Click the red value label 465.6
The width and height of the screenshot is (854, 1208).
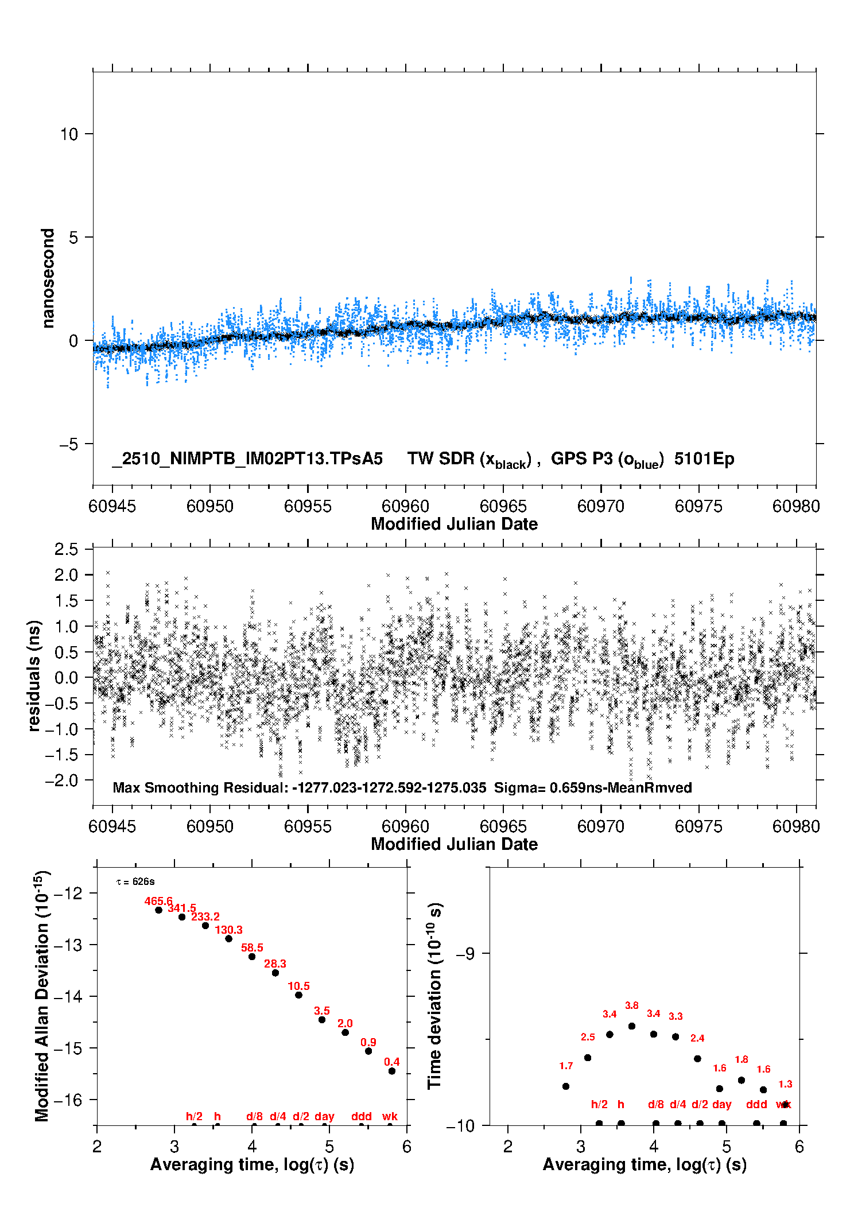pyautogui.click(x=158, y=901)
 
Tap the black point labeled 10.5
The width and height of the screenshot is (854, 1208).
pyautogui.click(x=298, y=995)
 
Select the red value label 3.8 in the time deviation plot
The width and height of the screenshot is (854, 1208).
pyautogui.click(x=631, y=1005)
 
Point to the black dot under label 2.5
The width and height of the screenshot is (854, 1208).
pyautogui.click(x=587, y=1058)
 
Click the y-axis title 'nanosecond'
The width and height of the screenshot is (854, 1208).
pyautogui.click(x=48, y=278)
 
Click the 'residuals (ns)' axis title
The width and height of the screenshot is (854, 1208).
pyautogui.click(x=34, y=676)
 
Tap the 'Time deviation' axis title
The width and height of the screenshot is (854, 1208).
pyautogui.click(x=435, y=996)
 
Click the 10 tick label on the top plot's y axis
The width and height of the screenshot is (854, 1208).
pyautogui.click(x=69, y=134)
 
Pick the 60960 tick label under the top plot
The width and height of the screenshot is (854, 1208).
pyautogui.click(x=405, y=506)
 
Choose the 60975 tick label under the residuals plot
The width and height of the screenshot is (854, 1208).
pyautogui.click(x=698, y=826)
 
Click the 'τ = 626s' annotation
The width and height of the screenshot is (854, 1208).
pyautogui.click(x=135, y=882)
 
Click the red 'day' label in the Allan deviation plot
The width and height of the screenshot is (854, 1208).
pyautogui.click(x=324, y=1116)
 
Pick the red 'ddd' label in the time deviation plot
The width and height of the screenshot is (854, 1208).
pyautogui.click(x=756, y=1104)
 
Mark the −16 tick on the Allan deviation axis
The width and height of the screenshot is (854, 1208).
pyautogui.click(x=68, y=1100)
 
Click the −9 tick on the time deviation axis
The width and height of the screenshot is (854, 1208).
pyautogui.click(x=465, y=954)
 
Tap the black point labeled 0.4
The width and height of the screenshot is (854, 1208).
pyautogui.click(x=392, y=1071)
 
